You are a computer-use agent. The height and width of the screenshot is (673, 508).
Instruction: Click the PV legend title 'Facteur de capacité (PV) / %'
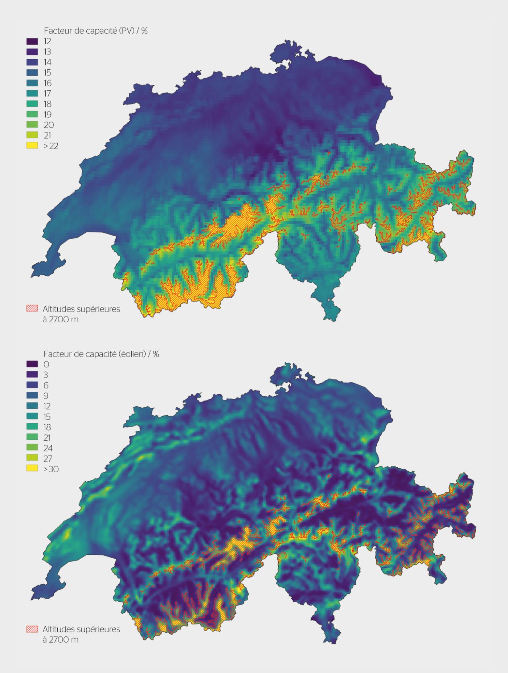pyautogui.click(x=95, y=31)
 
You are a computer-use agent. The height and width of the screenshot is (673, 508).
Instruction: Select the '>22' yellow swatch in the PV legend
pyautogui.click(x=32, y=146)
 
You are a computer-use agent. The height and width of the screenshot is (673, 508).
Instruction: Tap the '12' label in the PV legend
pyautogui.click(x=47, y=41)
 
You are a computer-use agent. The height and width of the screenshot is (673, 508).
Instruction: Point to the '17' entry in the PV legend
pyautogui.click(x=47, y=94)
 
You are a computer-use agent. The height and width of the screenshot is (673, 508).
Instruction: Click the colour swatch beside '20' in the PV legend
pyautogui.click(x=32, y=125)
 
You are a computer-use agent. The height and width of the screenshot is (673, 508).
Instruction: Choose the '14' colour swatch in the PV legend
pyautogui.click(x=32, y=62)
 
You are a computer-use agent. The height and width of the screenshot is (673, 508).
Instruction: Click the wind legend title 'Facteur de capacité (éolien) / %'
pyautogui.click(x=101, y=354)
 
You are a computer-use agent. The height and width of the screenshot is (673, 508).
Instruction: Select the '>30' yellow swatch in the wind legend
pyautogui.click(x=32, y=469)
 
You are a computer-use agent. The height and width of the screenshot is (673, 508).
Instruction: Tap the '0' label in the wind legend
pyautogui.click(x=46, y=364)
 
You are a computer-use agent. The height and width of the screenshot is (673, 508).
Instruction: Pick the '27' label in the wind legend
pyautogui.click(x=48, y=458)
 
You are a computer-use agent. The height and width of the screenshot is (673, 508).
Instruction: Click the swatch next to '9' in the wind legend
pyautogui.click(x=32, y=396)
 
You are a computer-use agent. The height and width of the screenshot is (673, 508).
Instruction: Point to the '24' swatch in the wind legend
pyautogui.click(x=32, y=448)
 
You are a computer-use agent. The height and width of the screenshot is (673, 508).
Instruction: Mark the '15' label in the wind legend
pyautogui.click(x=47, y=417)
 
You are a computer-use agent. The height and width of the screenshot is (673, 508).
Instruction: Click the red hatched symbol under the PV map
pyautogui.click(x=32, y=309)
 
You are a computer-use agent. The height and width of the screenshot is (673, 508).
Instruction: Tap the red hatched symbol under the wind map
pyautogui.click(x=32, y=629)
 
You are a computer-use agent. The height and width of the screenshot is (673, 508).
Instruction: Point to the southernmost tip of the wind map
pyautogui.click(x=331, y=643)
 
